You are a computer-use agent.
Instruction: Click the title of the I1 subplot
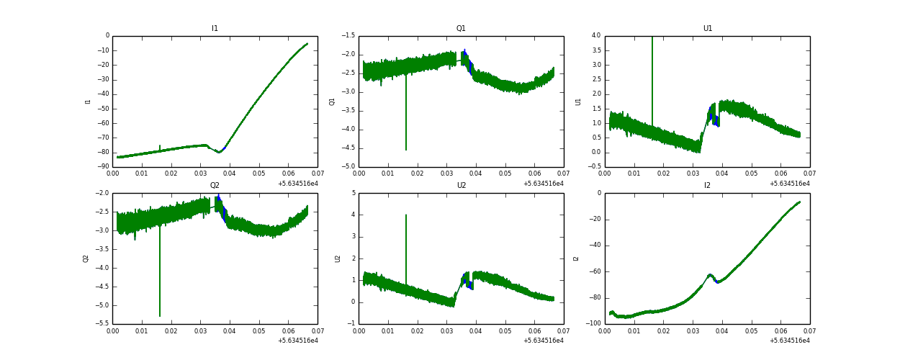[215, 29]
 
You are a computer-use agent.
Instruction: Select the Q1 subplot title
[461, 29]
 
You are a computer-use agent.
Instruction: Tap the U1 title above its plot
[707, 29]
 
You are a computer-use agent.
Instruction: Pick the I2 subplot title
[707, 186]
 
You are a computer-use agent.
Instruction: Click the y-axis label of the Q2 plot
[86, 258]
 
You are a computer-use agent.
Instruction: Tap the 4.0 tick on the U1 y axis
[595, 35]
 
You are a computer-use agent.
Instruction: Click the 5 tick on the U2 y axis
[351, 193]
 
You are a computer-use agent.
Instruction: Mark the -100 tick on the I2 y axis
[592, 324]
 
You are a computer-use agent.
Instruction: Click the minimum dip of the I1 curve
[219, 152]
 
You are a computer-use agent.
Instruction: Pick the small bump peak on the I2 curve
[710, 274]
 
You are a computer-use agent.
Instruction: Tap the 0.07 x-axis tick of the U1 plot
[809, 174]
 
